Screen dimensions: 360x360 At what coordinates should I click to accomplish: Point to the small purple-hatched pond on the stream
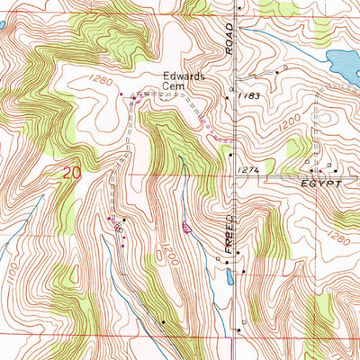click(x=185, y=228)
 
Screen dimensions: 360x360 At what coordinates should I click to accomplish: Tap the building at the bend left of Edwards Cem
click(x=134, y=97)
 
